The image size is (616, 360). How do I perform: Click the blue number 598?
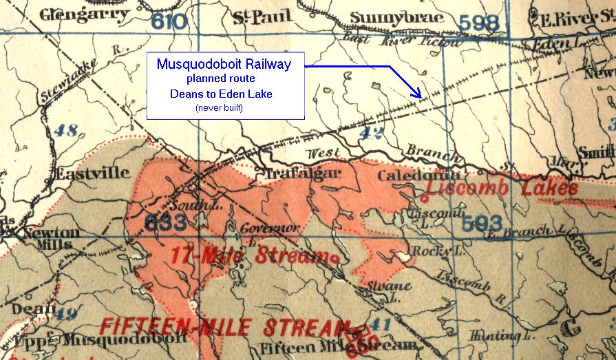[x=478, y=23]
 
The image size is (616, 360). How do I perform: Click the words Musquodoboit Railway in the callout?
[x=224, y=65]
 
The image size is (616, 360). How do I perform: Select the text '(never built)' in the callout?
[x=224, y=109]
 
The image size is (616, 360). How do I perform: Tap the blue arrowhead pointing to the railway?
[x=418, y=94]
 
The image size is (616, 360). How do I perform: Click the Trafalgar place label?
[x=298, y=174]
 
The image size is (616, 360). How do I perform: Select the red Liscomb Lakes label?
[x=502, y=189]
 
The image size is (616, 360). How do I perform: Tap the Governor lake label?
[x=268, y=228]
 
